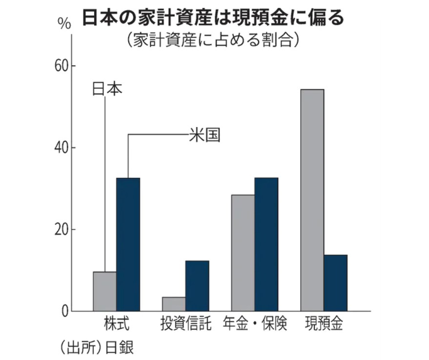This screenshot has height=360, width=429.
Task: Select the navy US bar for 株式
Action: (128, 244)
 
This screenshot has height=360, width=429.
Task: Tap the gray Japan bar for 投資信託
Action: (173, 304)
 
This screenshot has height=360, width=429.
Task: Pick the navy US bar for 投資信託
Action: (197, 286)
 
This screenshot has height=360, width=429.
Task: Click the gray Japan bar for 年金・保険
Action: (243, 253)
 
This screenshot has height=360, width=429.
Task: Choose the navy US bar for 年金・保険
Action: (266, 244)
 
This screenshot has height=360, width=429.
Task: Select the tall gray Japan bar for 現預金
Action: (312, 200)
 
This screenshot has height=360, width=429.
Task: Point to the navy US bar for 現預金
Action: (335, 283)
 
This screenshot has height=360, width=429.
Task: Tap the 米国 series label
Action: (204, 135)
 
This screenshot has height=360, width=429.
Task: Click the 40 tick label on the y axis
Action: (61, 148)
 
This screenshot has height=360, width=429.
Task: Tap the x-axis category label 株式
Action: (117, 324)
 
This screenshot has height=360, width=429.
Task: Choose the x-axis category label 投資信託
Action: (185, 324)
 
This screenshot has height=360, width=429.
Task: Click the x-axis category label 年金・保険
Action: (255, 324)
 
